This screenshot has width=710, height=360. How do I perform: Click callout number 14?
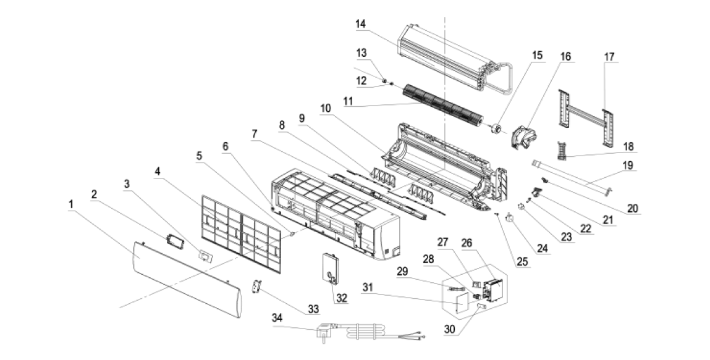(x=361, y=23)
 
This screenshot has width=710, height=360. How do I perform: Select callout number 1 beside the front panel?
(x=72, y=203)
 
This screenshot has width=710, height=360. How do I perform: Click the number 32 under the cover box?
(x=342, y=298)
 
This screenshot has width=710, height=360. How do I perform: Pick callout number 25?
(x=523, y=262)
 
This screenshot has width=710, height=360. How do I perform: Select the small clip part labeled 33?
(x=255, y=288)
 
